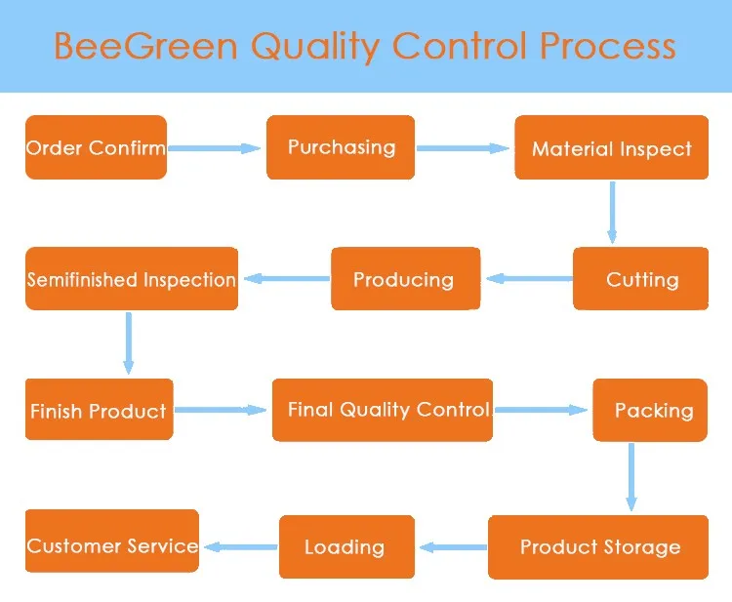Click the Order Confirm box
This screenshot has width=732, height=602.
coord(96,147)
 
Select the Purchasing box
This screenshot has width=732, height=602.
coord(341,147)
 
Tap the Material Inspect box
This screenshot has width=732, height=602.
coord(612,147)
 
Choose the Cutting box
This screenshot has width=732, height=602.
coord(640,279)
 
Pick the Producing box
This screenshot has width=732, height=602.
coord(406,279)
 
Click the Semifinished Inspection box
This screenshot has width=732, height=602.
coord(132,279)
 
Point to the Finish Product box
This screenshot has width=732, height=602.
coord(99,409)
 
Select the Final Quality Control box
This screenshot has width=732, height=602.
coord(383,410)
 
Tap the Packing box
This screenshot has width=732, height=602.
coord(650,410)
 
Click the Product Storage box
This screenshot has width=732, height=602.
coord(598,547)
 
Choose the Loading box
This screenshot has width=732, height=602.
coord(346,547)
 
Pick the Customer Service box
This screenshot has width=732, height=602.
coord(112,541)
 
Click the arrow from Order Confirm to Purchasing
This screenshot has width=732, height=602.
coord(215,148)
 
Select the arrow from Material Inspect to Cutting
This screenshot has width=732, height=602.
coord(612,213)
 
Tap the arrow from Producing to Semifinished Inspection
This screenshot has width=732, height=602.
coord(287,279)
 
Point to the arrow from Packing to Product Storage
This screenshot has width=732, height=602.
coord(631,477)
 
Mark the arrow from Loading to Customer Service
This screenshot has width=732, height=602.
coord(241,547)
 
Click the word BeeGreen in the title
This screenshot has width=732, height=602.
coord(145,46)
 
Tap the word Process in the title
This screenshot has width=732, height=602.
coord(608,46)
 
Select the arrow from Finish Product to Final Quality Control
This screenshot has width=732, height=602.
coord(221,410)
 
